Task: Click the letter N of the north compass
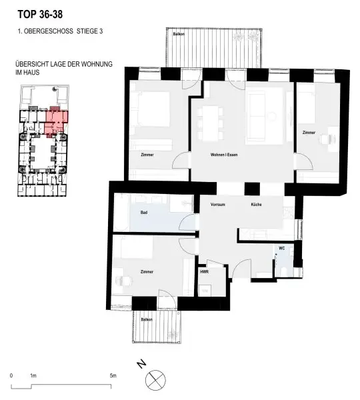tap(140, 364)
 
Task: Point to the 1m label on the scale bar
tap(33, 376)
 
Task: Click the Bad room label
tap(143, 213)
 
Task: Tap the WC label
tap(281, 248)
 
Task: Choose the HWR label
tap(204, 272)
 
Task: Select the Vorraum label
tap(217, 204)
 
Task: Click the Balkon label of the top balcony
tap(178, 33)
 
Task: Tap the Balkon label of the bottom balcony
tap(147, 319)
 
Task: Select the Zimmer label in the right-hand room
tap(308, 133)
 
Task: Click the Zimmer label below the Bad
tap(147, 272)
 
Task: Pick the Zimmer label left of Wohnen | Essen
tap(147, 155)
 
